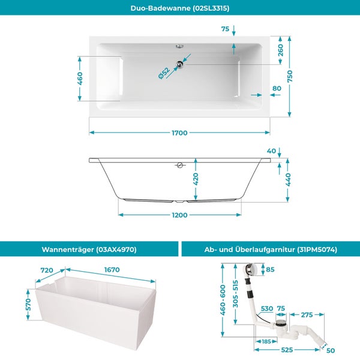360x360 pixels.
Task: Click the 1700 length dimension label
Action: (179, 133)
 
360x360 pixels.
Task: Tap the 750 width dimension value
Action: (290, 76)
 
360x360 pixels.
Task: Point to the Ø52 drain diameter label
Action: (164, 73)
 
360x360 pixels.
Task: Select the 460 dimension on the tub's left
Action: (80, 78)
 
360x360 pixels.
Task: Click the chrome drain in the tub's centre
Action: (180, 64)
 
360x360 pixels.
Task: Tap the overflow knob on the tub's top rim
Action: (179, 46)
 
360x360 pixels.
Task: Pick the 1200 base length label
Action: (179, 215)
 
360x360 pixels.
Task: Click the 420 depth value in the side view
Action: (196, 179)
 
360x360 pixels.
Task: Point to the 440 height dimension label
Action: (289, 180)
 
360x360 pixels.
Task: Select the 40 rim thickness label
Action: (271, 151)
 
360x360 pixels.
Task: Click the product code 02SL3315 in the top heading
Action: (211, 8)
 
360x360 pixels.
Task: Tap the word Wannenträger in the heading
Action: (68, 250)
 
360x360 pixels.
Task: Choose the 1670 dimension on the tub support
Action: (112, 269)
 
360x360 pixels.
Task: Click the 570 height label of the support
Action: (28, 304)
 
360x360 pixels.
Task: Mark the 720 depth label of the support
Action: (47, 270)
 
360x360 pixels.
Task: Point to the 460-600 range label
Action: (223, 300)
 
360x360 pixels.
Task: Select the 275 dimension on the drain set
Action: (307, 315)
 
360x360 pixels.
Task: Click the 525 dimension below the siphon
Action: (287, 350)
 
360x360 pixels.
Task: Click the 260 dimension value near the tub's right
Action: (281, 50)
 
